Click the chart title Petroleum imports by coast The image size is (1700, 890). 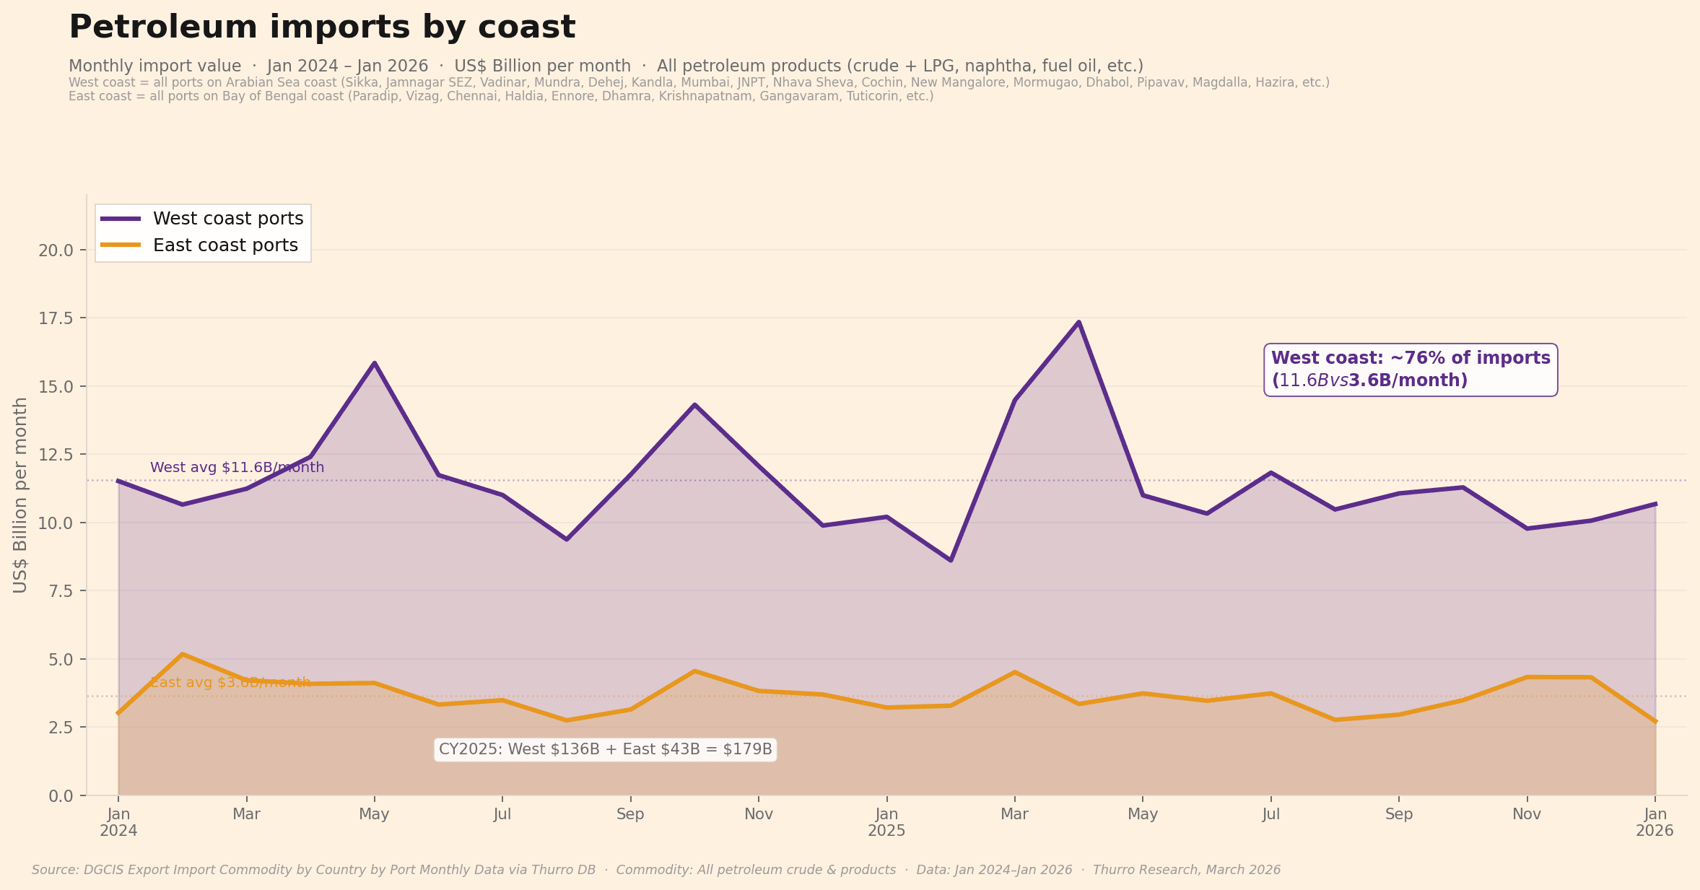(322, 27)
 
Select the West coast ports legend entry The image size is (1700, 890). (228, 219)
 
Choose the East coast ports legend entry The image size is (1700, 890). (225, 245)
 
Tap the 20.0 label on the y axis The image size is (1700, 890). (55, 250)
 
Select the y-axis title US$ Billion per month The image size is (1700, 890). (20, 495)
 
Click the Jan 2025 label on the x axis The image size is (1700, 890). (886, 822)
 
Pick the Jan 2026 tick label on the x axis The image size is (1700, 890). (1655, 822)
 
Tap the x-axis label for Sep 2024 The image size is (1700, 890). (630, 814)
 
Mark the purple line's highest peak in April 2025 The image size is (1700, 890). (1078, 322)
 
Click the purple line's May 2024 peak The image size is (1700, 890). (374, 363)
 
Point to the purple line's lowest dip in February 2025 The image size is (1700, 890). (951, 560)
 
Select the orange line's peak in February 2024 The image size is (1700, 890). (183, 654)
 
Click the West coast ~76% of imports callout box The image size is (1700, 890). (1411, 369)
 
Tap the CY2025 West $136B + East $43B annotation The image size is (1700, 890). (605, 749)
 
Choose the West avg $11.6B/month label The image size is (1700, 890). (237, 468)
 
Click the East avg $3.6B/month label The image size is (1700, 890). (230, 683)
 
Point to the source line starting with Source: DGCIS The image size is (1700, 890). (655, 870)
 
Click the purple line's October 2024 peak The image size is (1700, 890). (694, 404)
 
